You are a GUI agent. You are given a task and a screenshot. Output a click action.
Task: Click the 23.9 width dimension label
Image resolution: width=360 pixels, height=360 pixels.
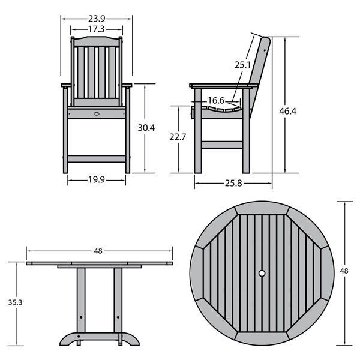[97, 19]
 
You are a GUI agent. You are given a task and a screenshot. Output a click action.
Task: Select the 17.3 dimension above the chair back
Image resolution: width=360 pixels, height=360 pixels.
[97, 29]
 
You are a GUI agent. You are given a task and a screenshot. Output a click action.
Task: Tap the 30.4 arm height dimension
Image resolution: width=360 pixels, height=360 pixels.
[146, 128]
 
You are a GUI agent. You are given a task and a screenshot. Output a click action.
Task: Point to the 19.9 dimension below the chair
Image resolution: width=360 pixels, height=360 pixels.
[97, 180]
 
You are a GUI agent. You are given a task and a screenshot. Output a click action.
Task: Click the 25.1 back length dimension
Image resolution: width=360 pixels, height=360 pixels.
[242, 65]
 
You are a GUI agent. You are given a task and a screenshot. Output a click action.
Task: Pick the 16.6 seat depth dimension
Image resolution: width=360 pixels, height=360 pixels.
[216, 100]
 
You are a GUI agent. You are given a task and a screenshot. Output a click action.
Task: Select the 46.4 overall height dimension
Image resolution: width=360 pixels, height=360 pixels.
[287, 111]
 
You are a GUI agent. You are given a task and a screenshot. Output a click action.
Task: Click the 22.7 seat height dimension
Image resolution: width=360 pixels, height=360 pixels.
[178, 137]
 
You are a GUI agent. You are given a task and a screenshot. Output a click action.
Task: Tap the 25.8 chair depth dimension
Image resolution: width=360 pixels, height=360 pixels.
[233, 183]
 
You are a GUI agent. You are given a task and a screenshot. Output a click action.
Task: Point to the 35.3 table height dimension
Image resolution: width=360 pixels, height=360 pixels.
[15, 302]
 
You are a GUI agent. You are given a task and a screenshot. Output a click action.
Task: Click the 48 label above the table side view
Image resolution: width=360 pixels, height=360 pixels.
[98, 251]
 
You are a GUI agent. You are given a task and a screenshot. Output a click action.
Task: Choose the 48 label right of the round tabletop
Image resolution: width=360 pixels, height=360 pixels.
[344, 271]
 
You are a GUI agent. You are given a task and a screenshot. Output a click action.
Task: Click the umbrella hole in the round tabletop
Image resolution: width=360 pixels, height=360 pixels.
[262, 273]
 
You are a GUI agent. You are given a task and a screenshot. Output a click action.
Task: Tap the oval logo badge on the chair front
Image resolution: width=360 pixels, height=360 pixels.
[97, 113]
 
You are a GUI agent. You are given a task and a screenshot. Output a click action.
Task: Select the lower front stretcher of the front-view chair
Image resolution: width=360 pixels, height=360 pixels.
[97, 158]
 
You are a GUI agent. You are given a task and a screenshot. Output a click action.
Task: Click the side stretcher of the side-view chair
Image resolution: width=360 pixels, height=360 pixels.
[222, 145]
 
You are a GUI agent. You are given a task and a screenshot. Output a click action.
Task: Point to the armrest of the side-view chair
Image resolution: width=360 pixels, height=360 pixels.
[224, 86]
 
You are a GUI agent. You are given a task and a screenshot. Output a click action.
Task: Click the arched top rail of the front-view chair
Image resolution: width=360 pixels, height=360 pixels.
[97, 41]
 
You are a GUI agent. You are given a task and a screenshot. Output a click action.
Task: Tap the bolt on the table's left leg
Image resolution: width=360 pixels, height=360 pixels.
[81, 317]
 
